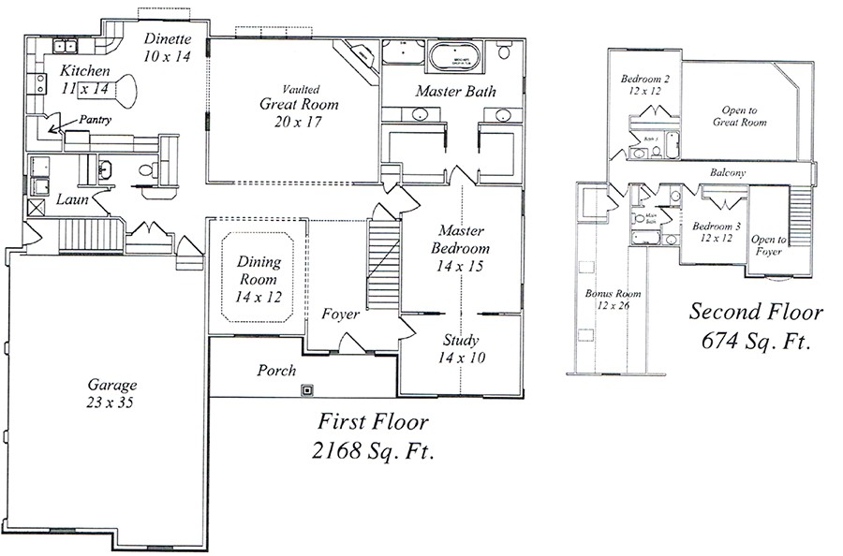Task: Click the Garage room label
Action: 112,385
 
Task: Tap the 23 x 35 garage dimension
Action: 112,402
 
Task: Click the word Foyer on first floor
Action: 340,315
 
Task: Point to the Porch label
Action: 276,371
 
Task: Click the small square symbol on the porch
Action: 306,388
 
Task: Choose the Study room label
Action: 460,341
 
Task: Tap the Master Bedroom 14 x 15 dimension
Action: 460,268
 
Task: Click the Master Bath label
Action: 456,91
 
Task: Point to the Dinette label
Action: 170,39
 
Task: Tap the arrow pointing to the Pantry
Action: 58,126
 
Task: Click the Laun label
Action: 72,199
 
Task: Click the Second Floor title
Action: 756,312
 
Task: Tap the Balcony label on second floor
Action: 727,173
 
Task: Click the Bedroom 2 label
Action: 644,80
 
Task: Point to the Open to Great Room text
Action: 740,116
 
